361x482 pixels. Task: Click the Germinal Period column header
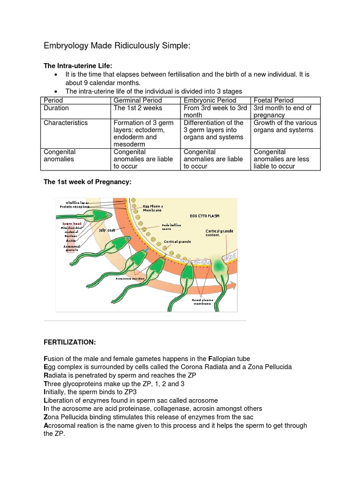point(138,100)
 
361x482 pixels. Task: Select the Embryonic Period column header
point(210,100)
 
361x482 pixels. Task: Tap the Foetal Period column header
point(274,100)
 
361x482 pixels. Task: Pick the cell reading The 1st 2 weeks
point(138,108)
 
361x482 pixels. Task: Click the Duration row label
point(56,108)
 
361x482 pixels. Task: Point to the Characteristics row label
point(66,122)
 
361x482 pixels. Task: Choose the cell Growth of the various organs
point(285,126)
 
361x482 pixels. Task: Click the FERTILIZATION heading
point(69,342)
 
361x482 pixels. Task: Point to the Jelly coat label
point(107,230)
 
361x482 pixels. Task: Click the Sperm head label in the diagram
point(72,224)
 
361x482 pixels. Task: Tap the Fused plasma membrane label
point(203,301)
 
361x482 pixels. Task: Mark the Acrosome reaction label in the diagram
point(130,279)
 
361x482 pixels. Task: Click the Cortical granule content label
point(220,233)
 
